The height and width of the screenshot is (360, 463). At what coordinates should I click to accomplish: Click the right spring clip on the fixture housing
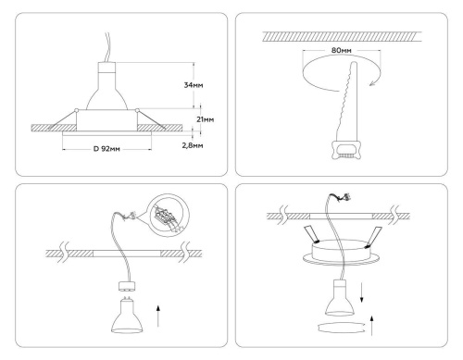point(379,230)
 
